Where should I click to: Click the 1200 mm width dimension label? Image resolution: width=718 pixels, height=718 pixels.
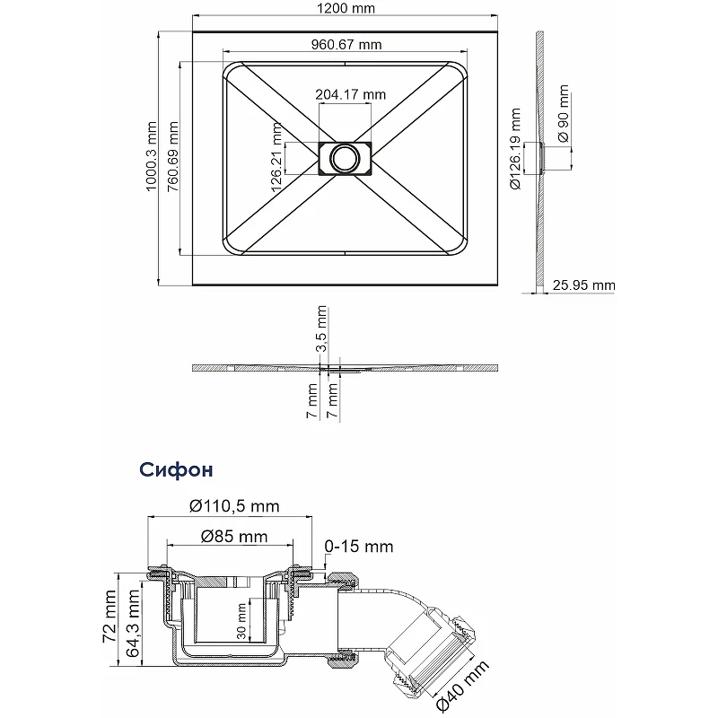(346, 8)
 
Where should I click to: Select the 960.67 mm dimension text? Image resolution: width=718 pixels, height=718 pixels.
(346, 44)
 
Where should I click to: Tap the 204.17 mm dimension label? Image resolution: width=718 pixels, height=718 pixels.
(350, 94)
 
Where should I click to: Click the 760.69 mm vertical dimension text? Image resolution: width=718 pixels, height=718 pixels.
(172, 156)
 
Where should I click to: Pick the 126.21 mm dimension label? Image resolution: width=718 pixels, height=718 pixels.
(276, 157)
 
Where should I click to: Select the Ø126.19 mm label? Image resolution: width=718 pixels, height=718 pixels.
(515, 149)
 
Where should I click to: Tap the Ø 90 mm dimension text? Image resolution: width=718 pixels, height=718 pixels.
(564, 114)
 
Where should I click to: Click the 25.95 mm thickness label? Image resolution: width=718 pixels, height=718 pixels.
(584, 285)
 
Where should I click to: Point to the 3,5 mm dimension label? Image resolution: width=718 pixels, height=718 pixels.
(322, 328)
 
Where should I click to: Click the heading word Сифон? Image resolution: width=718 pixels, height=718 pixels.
(176, 469)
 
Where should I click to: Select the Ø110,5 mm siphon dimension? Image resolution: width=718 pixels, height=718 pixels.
(234, 506)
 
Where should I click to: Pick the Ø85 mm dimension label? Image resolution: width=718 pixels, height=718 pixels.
(234, 536)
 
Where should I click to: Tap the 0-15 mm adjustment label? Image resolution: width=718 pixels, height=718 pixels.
(359, 547)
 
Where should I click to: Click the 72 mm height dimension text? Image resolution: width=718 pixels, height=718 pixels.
(109, 616)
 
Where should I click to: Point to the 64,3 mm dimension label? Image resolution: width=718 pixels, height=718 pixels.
(132, 623)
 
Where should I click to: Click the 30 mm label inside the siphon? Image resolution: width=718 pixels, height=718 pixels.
(241, 621)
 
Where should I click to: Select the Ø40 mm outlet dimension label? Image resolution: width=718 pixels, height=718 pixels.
(462, 686)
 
